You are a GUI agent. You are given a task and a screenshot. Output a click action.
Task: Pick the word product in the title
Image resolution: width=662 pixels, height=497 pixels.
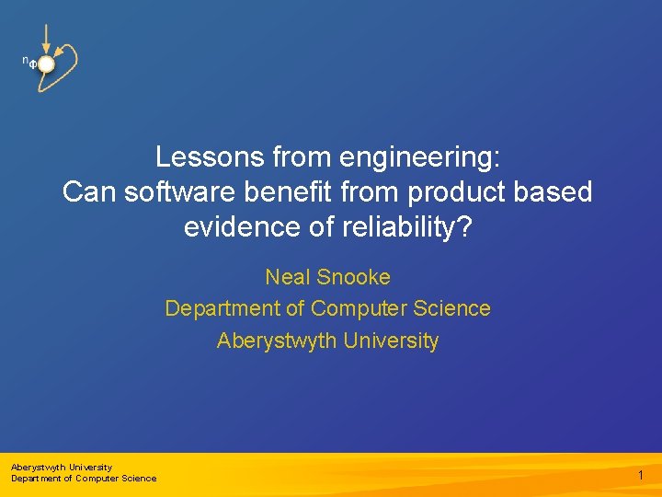pos(459,192)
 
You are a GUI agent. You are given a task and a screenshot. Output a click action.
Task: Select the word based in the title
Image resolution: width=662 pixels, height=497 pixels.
pos(554,192)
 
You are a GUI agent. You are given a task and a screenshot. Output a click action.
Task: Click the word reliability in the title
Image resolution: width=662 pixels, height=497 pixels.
pos(396,227)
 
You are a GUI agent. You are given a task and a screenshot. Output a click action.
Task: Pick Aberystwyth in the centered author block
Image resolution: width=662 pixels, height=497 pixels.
pos(277,341)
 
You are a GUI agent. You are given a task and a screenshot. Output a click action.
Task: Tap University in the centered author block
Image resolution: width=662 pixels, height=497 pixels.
pos(391,341)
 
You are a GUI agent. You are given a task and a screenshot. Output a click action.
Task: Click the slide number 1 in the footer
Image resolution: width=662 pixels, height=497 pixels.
pos(641,475)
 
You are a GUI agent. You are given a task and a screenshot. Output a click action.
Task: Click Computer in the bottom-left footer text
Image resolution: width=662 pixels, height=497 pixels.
pos(97,478)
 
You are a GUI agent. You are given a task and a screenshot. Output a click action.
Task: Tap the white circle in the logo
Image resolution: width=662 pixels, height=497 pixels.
pos(45,63)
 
